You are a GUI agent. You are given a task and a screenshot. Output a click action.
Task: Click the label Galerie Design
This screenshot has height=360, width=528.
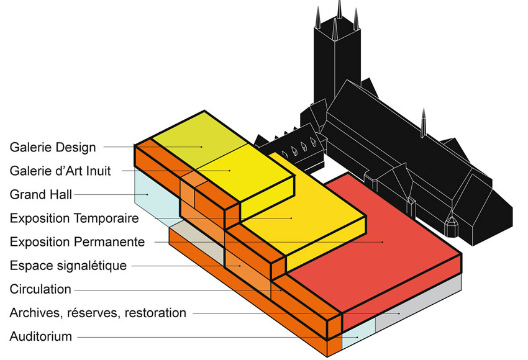[53, 147]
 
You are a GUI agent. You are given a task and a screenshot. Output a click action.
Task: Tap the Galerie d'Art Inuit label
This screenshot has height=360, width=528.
[60, 171]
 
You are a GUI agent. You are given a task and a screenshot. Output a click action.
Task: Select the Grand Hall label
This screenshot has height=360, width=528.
[41, 194]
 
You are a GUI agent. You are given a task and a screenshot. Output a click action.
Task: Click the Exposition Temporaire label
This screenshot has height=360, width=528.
[74, 218]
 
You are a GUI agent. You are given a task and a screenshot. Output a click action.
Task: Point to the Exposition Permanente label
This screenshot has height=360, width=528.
[77, 241]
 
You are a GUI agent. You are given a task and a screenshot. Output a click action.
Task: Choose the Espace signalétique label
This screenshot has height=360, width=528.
[68, 266]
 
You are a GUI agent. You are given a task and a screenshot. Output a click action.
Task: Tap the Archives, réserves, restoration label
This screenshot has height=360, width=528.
[98, 313]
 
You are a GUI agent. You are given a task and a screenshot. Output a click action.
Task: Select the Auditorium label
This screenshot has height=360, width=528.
[41, 336]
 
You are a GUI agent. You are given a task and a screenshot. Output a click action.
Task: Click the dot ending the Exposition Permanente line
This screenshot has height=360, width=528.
[383, 241]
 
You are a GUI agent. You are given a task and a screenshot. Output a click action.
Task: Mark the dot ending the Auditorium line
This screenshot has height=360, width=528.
[357, 337]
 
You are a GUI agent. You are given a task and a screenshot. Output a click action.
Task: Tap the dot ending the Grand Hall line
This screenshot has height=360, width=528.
[147, 195]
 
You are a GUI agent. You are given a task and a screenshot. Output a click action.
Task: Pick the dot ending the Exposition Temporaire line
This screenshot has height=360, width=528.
[291, 218]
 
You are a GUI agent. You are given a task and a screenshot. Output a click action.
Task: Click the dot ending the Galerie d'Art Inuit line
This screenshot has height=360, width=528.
[230, 171]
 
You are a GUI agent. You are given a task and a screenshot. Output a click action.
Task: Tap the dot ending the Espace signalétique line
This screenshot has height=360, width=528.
[240, 266]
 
